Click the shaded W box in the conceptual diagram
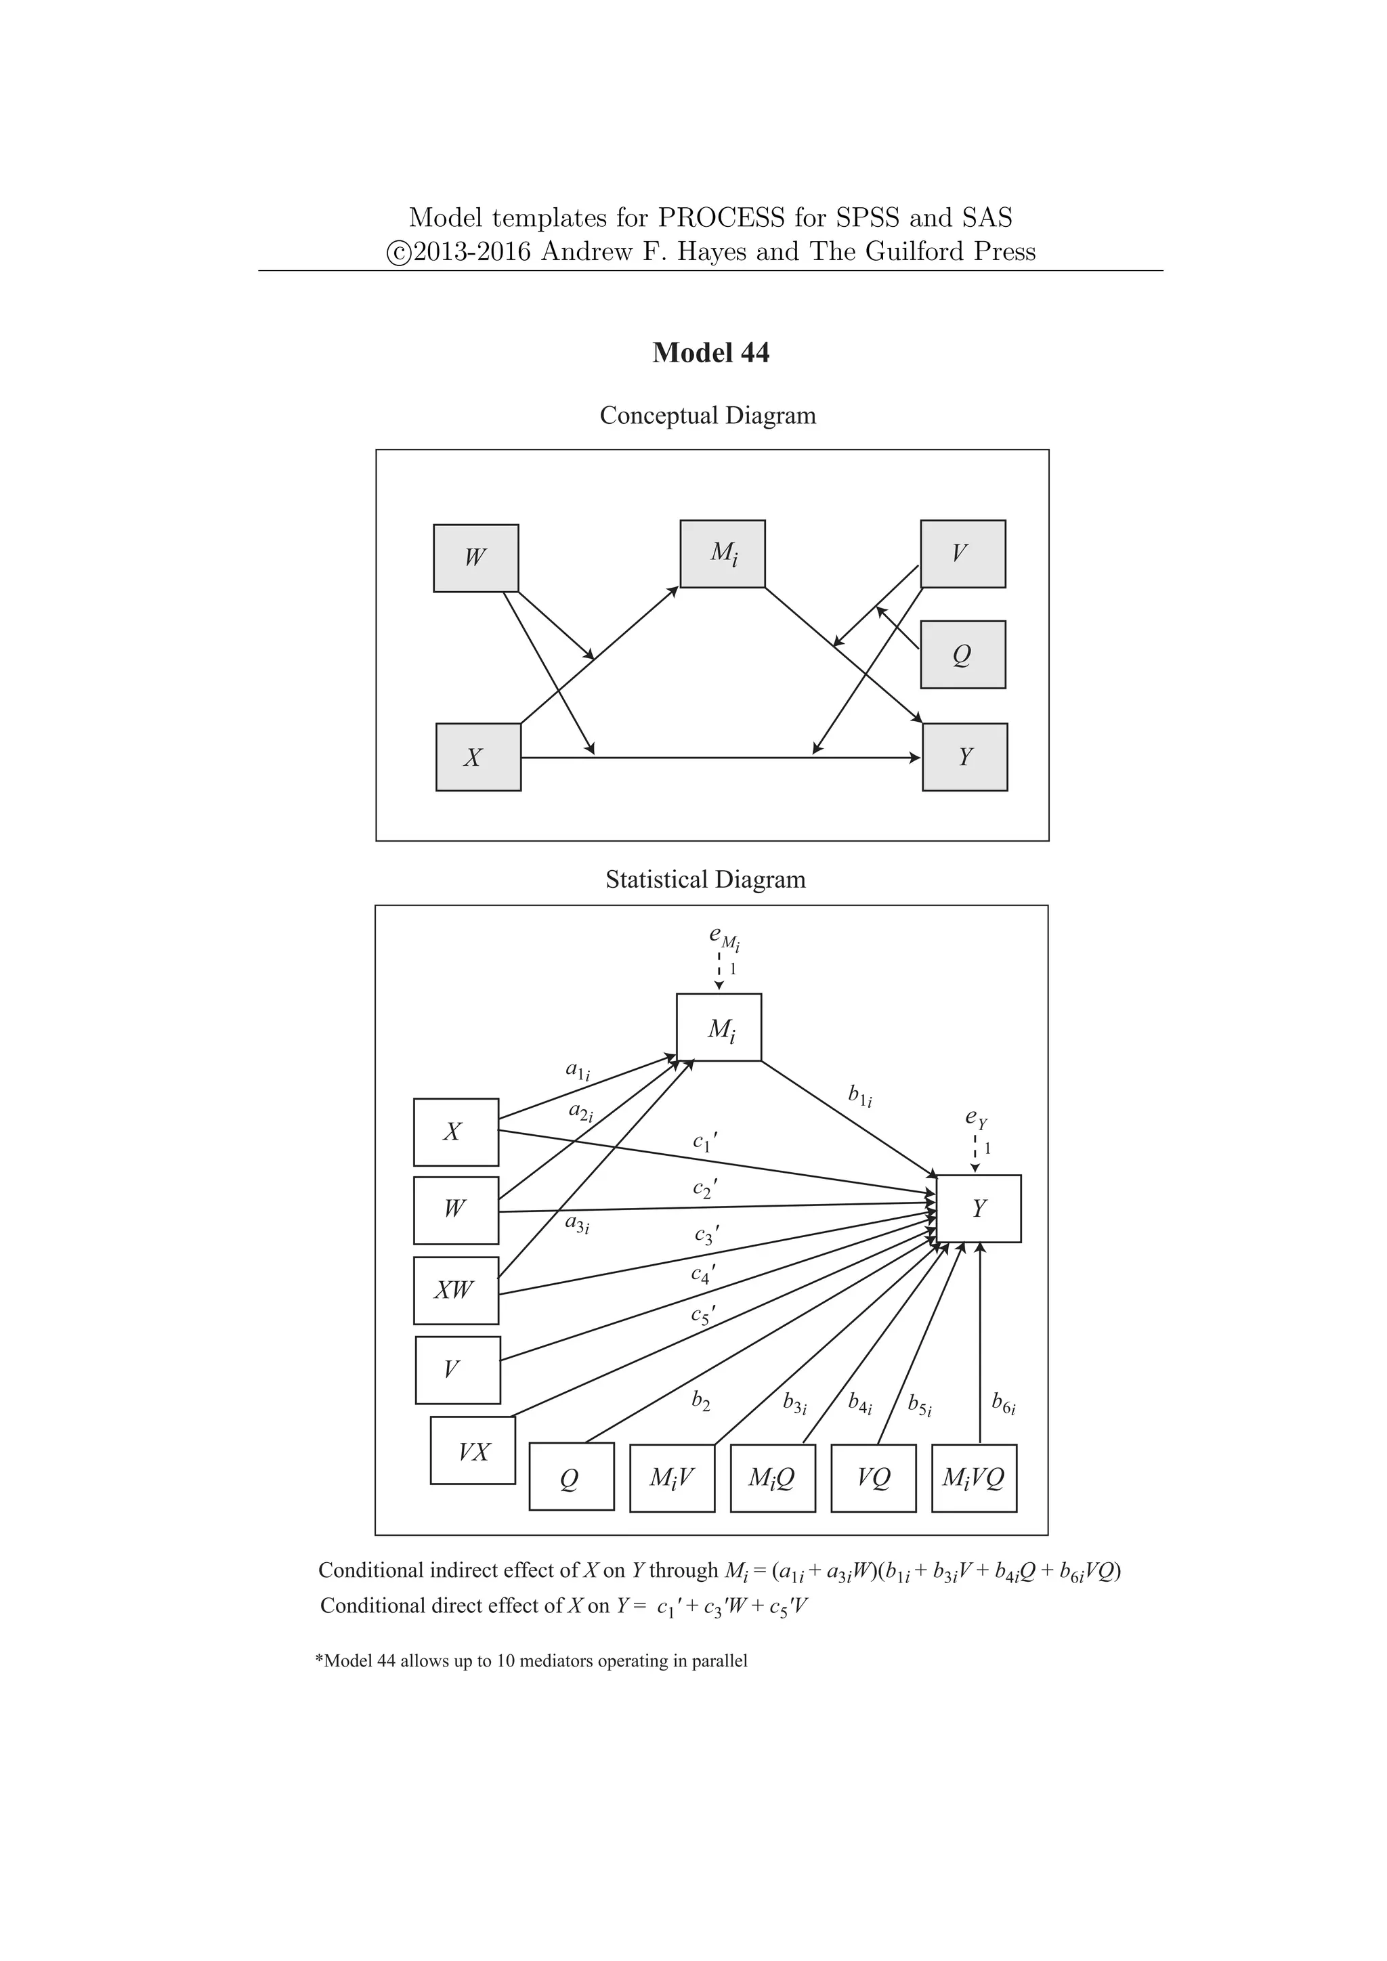(x=475, y=558)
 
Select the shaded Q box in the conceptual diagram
(x=962, y=654)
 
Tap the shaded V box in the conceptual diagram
(x=962, y=553)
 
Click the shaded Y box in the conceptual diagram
(x=965, y=757)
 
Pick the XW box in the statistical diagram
(x=455, y=1290)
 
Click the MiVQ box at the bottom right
(x=974, y=1478)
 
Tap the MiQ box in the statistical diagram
(x=773, y=1478)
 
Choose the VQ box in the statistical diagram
(x=873, y=1478)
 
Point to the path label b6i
(x=1004, y=1402)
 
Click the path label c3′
(x=706, y=1235)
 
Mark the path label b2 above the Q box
(x=700, y=1401)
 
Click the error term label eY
(x=975, y=1117)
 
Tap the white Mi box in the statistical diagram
(x=719, y=1027)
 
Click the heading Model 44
(x=710, y=353)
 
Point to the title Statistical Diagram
(x=706, y=879)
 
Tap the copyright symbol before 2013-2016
(x=398, y=253)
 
